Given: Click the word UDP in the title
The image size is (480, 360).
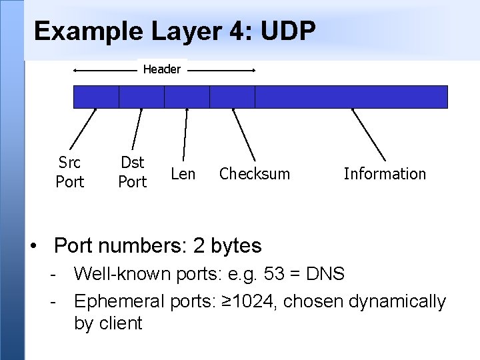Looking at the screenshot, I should [x=281, y=31].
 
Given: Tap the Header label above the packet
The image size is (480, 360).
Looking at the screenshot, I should [x=162, y=69].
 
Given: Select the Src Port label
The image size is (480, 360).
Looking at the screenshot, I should [x=70, y=172].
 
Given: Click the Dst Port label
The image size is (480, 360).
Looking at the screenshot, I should [x=132, y=172].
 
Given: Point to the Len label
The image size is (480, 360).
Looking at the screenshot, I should [x=183, y=174].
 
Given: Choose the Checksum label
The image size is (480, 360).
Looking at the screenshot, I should [x=255, y=174].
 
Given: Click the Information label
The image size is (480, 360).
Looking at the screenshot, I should [x=385, y=174].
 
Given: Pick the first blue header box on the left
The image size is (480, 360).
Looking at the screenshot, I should [x=96, y=97].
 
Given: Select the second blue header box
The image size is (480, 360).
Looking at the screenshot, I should [x=141, y=97].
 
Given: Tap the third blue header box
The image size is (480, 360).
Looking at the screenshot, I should [x=187, y=97].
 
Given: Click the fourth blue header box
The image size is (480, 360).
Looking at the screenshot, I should [x=232, y=97].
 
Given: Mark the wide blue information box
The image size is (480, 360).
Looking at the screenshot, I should [x=351, y=97].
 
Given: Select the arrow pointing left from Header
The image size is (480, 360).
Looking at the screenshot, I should [x=103, y=70].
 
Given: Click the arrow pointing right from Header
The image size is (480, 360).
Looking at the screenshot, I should [x=223, y=69].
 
